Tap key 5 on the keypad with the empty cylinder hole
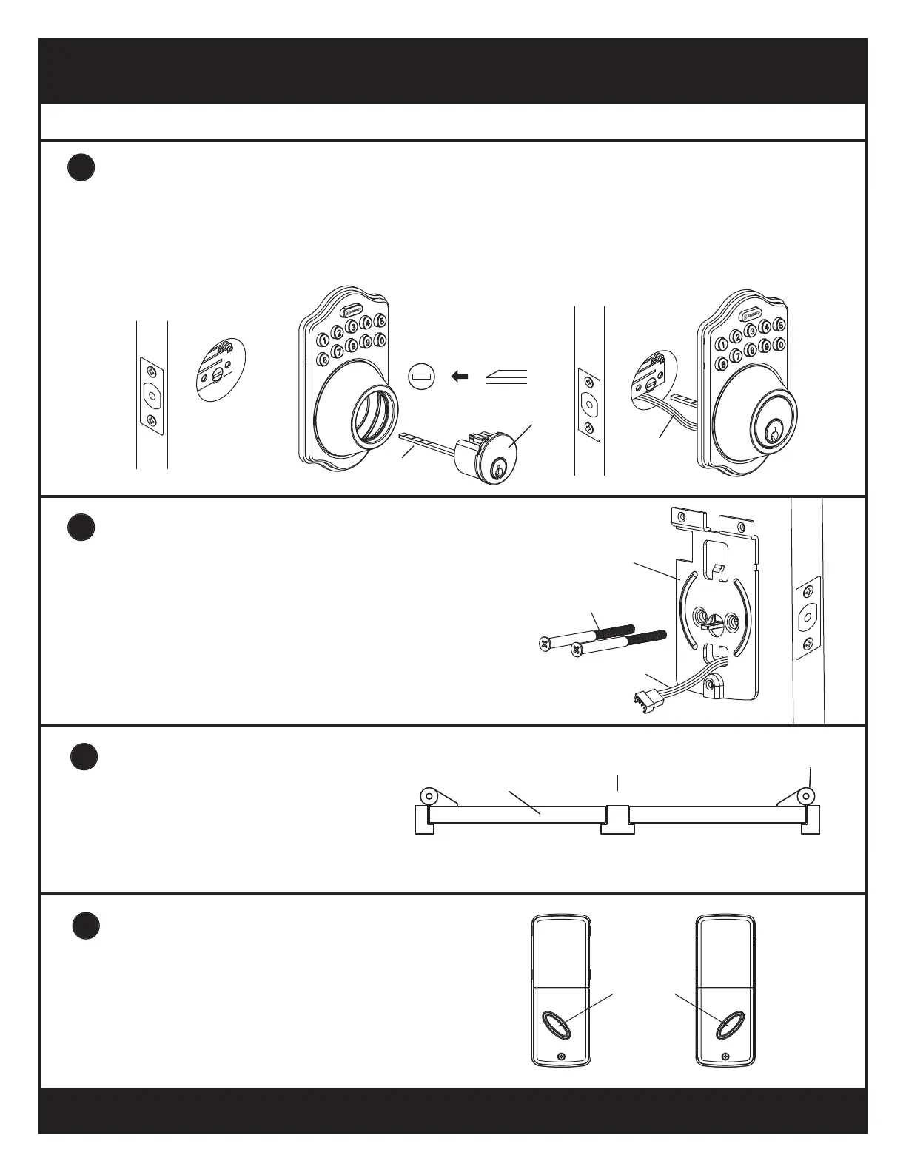pos(380,320)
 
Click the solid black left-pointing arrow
pos(460,377)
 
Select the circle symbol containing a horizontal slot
pos(420,377)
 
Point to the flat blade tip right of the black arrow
pos(506,377)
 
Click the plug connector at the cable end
pos(644,697)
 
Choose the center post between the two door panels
pos(617,816)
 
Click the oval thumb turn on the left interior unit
pos(555,1026)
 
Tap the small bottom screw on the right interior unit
pos(725,1056)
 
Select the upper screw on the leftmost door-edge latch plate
pos(152,368)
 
